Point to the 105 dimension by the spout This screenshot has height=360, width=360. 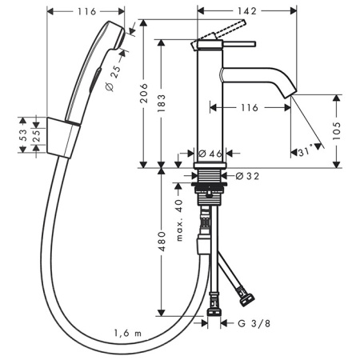[339, 131]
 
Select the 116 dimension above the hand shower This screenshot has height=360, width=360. [87, 12]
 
